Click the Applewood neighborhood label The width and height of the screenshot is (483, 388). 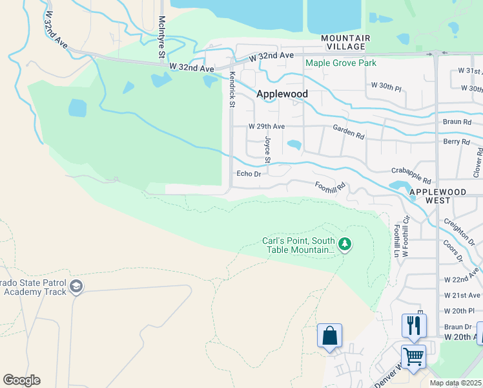tap(282, 94)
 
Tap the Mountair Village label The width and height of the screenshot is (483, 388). tap(347, 43)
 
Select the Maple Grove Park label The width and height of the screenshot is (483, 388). tap(341, 63)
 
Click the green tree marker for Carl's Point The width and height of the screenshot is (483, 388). tap(345, 244)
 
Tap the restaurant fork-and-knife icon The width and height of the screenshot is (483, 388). tap(413, 325)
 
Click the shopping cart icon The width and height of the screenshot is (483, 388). tap(413, 356)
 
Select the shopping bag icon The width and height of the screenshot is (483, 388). tap(329, 336)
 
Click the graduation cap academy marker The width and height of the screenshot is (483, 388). tap(76, 286)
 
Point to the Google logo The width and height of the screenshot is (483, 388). tap(21, 380)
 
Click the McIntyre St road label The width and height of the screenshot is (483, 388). tap(162, 38)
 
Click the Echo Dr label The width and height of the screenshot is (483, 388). tap(249, 173)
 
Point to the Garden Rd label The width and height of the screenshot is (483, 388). tap(349, 133)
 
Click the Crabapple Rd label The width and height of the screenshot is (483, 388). tap(411, 174)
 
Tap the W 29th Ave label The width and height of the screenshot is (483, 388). tap(267, 127)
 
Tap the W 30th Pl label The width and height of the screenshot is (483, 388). tap(387, 85)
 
